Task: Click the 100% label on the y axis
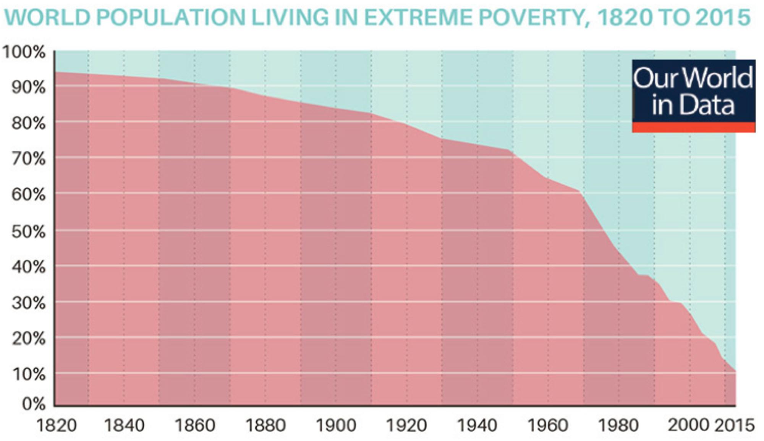[x=24, y=52]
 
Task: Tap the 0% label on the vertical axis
[x=34, y=404]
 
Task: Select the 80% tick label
[x=28, y=124]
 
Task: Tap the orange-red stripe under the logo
[x=693, y=128]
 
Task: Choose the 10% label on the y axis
[x=28, y=375]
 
